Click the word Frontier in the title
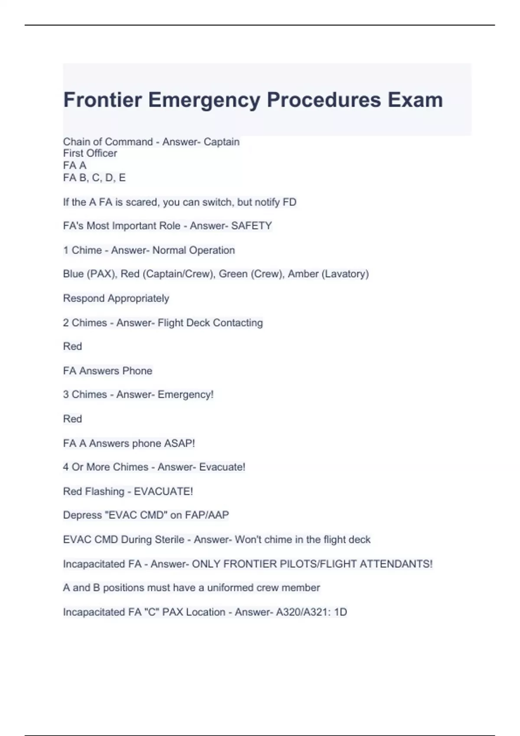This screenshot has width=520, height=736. [103, 100]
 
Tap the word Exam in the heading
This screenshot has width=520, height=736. [415, 100]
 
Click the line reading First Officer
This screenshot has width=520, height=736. [90, 153]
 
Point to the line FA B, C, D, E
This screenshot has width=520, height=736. [94, 178]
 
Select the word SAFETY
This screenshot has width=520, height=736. [251, 226]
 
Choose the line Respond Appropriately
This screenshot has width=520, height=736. [116, 298]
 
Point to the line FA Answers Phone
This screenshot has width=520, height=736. [107, 371]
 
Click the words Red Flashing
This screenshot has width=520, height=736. [94, 491]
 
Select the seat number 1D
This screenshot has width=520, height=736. [341, 612]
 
